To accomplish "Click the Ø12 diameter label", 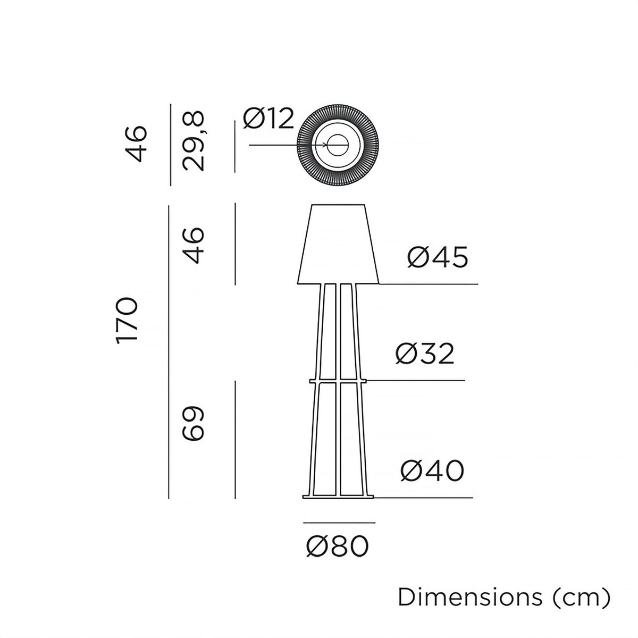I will [x=268, y=119].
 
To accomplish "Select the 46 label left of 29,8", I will [x=136, y=144].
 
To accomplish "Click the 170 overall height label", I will [x=128, y=321].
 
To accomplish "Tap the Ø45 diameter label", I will [x=438, y=258].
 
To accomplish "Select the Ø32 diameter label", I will [x=425, y=354].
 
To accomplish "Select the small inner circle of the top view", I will [x=338, y=145].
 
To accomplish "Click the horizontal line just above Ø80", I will [x=339, y=523].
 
